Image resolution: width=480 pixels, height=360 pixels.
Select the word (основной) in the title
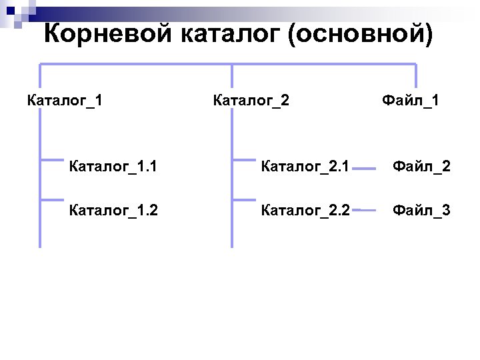[x=360, y=33]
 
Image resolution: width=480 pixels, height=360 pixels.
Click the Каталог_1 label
[x=65, y=101]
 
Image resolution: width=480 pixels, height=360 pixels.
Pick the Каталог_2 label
[x=251, y=101]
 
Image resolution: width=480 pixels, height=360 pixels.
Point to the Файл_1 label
[x=410, y=101]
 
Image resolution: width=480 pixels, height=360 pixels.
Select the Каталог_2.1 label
[x=305, y=165]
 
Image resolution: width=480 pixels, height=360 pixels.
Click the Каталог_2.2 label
[x=305, y=211]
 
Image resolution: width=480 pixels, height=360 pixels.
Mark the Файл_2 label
[x=421, y=165]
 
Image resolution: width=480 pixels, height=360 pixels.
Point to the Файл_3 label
[x=421, y=211]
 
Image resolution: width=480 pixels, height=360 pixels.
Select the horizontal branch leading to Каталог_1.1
[x=52, y=159]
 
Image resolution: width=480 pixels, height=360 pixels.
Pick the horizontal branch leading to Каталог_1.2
[x=52, y=199]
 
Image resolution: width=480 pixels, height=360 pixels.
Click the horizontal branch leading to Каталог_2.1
[x=244, y=159]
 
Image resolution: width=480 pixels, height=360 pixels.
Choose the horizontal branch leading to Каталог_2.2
[x=244, y=199]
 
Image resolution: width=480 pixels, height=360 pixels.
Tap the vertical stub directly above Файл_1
[x=416, y=75]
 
